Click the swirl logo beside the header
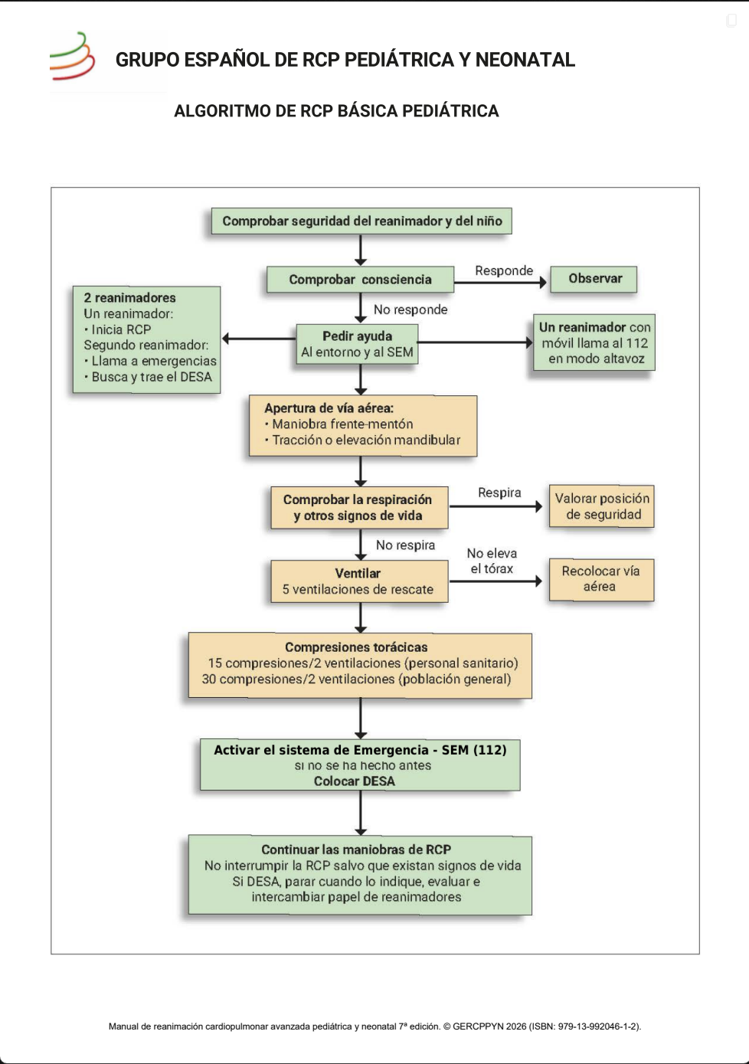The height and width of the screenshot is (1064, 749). point(72,56)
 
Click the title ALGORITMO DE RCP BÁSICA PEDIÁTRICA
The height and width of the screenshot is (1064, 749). point(336,111)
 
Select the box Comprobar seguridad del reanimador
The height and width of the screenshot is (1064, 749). point(361,221)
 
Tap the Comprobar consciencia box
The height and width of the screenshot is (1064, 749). point(360,280)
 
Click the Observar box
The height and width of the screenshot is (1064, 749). point(594,279)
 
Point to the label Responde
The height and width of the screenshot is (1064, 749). point(504,270)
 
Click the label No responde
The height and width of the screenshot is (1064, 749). point(410,309)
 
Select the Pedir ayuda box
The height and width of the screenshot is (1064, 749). point(357,344)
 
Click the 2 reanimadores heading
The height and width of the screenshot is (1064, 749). point(129,298)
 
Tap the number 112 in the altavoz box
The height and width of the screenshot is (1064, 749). point(637,343)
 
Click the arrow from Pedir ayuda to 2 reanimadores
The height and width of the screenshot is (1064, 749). point(259,339)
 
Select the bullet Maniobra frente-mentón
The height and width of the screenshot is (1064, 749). point(339,424)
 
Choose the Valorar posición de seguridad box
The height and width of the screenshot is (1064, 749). point(602,506)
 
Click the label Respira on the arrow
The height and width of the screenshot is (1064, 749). point(499,493)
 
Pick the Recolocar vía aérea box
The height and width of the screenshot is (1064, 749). point(602,580)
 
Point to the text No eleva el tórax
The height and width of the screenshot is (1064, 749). point(492,561)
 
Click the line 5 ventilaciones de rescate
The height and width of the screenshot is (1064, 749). point(358,590)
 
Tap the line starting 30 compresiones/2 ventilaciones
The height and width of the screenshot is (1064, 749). point(356,679)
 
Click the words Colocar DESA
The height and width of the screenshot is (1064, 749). point(355,781)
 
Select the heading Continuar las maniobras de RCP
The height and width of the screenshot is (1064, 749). point(356,850)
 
